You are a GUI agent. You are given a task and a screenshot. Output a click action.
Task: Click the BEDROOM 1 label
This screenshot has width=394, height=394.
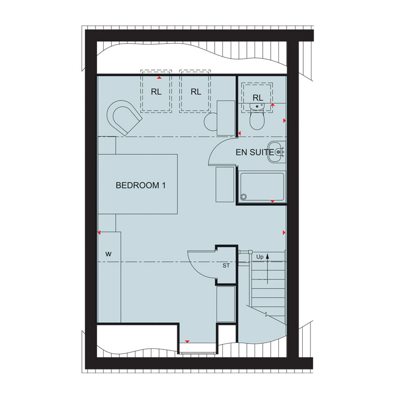click(140, 186)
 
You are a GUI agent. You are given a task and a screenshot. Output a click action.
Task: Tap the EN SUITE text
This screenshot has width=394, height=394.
click(255, 152)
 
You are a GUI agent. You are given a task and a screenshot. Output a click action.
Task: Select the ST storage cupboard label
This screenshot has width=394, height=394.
click(226, 265)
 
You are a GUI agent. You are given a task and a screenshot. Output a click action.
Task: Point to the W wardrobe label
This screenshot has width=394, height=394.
click(108, 254)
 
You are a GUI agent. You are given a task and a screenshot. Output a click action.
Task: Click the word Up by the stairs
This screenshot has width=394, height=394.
click(260, 257)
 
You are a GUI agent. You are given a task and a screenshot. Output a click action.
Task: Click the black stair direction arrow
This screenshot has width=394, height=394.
click(268, 269)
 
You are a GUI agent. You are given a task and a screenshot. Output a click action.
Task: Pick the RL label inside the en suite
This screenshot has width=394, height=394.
click(258, 98)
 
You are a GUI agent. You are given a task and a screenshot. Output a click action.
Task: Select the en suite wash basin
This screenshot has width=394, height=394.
click(276, 152)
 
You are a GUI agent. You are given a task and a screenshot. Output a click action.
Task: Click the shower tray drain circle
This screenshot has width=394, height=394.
click(244, 196)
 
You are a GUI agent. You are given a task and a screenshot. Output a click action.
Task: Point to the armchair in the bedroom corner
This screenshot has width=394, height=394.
click(123, 117)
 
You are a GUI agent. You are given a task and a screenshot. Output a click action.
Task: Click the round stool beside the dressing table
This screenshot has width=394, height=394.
click(210, 122)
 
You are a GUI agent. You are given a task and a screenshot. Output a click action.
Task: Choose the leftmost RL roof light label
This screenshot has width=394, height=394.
click(156, 92)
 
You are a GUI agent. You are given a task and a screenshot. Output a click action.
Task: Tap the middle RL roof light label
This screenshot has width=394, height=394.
click(196, 92)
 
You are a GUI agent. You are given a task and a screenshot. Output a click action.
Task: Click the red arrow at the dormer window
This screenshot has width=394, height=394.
click(187, 342)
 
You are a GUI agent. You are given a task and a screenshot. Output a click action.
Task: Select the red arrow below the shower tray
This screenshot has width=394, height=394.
click(272, 201)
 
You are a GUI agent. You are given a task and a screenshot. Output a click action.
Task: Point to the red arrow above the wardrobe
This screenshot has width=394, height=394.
click(99, 233)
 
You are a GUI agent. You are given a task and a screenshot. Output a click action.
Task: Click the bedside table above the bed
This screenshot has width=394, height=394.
click(107, 146)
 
